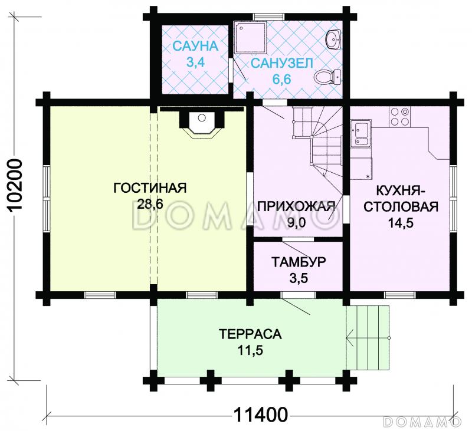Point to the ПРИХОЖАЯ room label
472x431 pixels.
click(296, 206)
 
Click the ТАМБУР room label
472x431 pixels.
click(299, 262)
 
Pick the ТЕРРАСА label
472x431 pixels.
click(250, 334)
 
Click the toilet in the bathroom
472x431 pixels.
click(327, 76)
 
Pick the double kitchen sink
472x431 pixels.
click(360, 133)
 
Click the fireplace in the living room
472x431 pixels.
click(201, 123)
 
